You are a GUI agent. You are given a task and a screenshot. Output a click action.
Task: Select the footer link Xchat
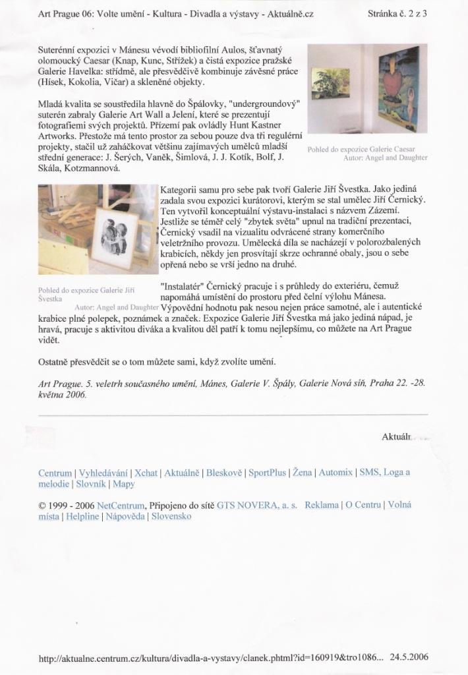point(146,473)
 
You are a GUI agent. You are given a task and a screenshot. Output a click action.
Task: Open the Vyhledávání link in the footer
point(103,473)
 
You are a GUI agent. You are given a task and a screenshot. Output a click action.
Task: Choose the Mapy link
point(124,484)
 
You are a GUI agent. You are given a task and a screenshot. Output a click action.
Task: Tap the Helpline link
point(82,516)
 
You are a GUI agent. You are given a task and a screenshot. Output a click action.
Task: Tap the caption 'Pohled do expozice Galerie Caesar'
point(366,150)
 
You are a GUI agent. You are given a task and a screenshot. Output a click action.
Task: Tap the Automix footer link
point(336,473)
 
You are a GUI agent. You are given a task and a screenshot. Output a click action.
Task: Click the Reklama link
point(322,505)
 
